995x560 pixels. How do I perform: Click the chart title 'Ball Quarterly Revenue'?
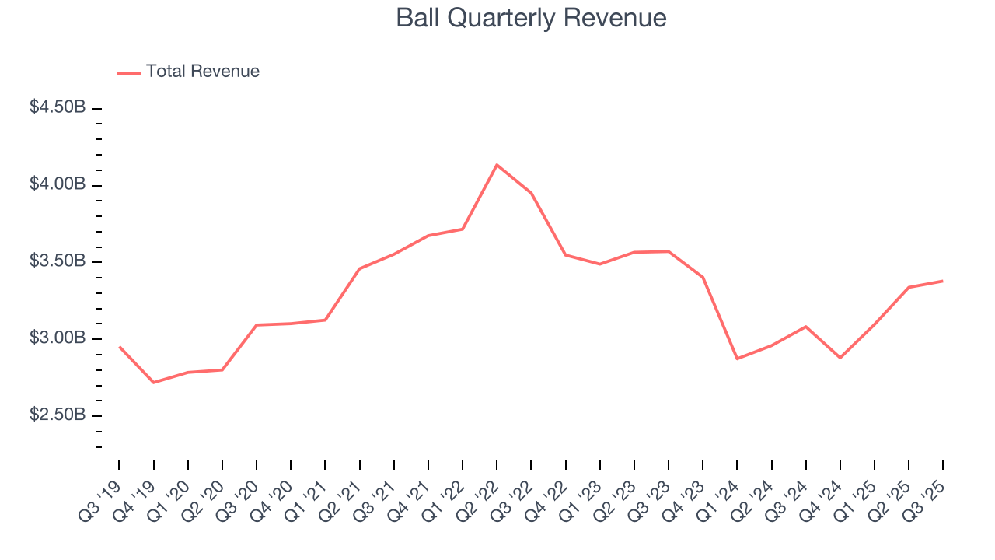[x=531, y=18]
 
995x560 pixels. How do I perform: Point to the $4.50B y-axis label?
[x=58, y=108]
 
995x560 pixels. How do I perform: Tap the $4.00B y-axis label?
[x=58, y=185]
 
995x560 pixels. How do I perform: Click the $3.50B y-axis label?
[x=58, y=261]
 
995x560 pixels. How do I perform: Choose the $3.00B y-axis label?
[x=58, y=338]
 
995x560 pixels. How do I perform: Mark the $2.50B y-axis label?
[x=58, y=415]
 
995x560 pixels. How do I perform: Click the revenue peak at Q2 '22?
[x=497, y=165]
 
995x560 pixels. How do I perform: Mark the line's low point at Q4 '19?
[x=153, y=383]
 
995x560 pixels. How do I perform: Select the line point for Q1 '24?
[x=737, y=359]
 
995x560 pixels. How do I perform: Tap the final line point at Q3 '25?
[x=943, y=281]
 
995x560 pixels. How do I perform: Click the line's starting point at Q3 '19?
[x=119, y=346]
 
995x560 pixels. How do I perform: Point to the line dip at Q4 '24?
[x=840, y=358]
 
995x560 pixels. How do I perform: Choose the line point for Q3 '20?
[x=257, y=325]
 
